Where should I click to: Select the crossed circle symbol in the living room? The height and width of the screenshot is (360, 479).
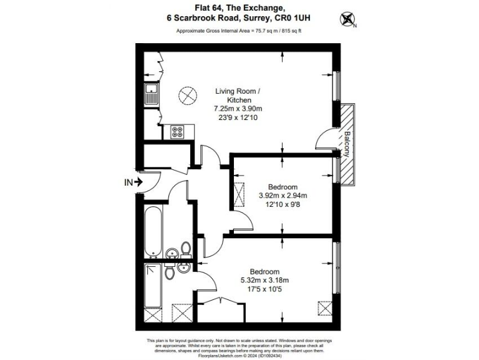186,96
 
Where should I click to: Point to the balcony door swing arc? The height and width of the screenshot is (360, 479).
324,139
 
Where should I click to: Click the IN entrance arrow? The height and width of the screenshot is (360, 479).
133,182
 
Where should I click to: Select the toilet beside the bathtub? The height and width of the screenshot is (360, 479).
185,249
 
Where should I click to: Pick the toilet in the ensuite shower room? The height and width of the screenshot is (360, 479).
169,272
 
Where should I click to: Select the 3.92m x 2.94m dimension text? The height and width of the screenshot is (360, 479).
283,195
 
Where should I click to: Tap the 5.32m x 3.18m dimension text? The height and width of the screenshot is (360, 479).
264,279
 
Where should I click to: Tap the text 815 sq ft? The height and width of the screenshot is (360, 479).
290,31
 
